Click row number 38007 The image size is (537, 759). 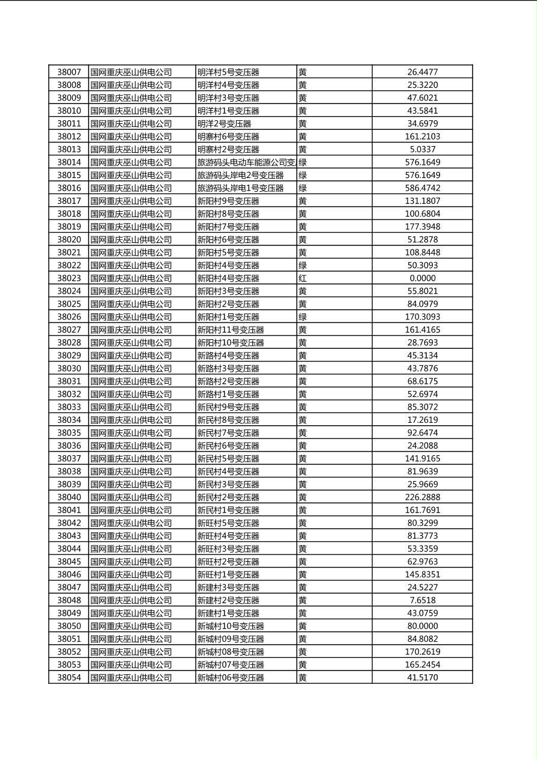coord(69,72)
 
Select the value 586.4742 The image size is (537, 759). coord(422,188)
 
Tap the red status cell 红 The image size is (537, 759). coord(302,278)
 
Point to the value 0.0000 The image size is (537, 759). coord(422,278)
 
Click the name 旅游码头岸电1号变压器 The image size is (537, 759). coord(240,188)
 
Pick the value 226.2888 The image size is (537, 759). coord(422,497)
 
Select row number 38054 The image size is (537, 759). coord(69,678)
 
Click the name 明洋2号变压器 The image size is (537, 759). coord(224,124)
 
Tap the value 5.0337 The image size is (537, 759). coord(422,150)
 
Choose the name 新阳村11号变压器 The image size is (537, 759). coord(231,330)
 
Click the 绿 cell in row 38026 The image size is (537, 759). coord(302,317)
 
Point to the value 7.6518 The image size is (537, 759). coord(422,600)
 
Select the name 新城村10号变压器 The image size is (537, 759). coord(231,626)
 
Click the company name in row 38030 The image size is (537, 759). coord(131,369)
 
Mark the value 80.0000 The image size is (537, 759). coord(422,626)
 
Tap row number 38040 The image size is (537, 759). coord(69,497)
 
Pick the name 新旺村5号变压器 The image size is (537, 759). coord(228,523)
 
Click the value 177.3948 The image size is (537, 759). coord(422,227)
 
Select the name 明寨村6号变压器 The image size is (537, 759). coord(228,137)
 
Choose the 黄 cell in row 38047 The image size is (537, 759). coord(302,588)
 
